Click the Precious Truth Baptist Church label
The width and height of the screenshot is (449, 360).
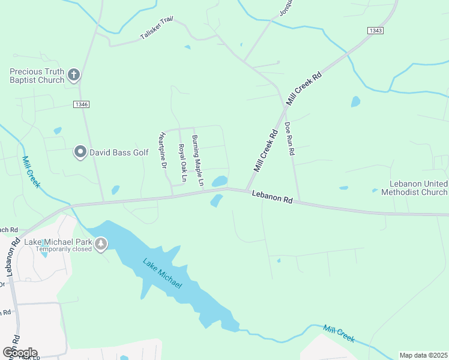pos(36,76)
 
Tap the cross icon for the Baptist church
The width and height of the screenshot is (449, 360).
pos(74,74)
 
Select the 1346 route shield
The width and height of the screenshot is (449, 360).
pos(82,104)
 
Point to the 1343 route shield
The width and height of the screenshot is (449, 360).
pos(375,31)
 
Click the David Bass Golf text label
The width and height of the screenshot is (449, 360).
pos(118,152)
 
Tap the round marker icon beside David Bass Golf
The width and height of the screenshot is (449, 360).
pos(80,152)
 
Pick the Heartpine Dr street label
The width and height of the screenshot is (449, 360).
pos(162,151)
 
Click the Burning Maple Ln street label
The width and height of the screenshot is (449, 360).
pos(198,160)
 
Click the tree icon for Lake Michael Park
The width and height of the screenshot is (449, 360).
pos(101,244)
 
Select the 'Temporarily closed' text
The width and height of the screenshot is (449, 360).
pos(62,249)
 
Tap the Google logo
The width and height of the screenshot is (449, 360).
pos(19,352)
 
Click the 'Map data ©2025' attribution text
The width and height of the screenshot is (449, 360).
pos(423,355)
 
